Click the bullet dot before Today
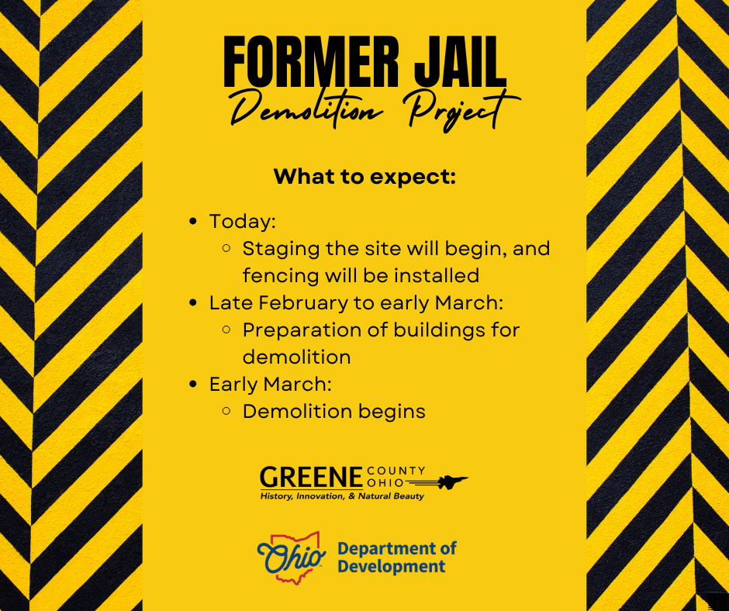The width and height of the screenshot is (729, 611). [194, 223]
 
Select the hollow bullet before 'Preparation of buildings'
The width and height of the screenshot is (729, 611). [226, 330]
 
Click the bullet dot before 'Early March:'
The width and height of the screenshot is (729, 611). [194, 384]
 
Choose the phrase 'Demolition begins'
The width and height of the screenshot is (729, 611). [333, 411]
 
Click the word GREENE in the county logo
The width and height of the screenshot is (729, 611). [311, 476]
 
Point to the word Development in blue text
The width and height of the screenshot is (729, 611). [391, 567]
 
